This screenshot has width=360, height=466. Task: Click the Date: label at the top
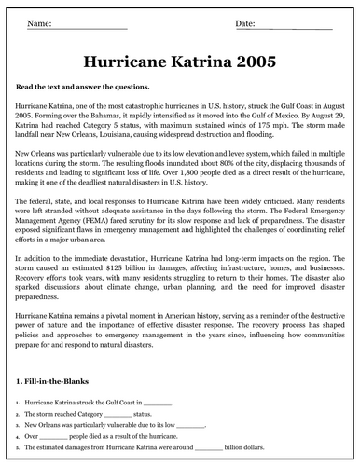pos(247,21)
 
